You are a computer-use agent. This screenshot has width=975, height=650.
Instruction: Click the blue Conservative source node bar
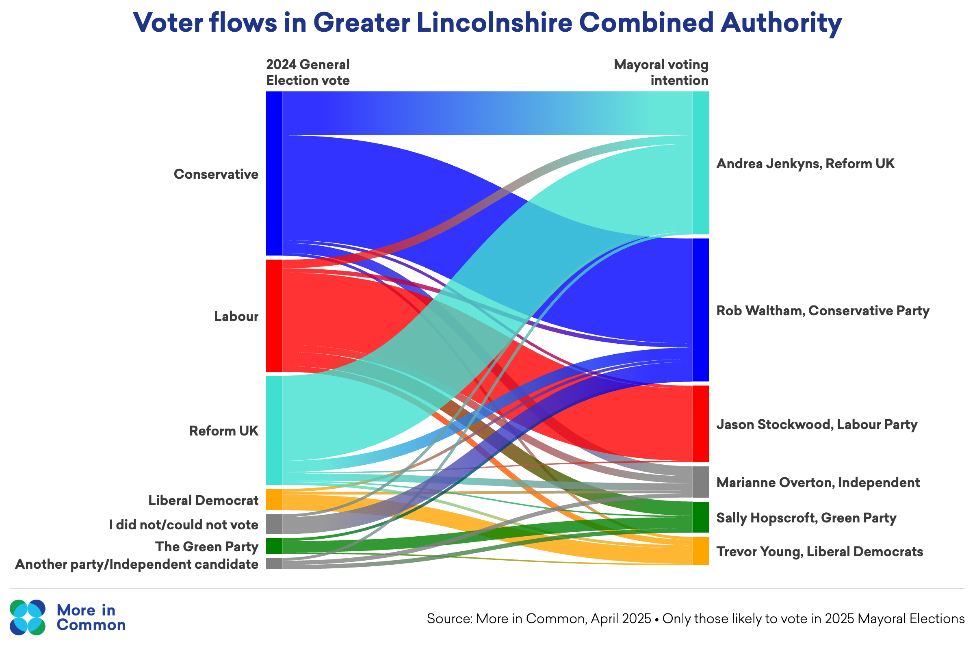point(274,173)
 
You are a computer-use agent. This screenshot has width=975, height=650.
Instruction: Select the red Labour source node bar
point(274,316)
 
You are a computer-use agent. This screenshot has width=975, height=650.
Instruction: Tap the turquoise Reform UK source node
point(274,430)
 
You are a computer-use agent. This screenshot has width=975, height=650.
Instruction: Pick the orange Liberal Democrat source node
point(274,500)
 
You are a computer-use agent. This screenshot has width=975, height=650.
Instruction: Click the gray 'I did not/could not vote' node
point(274,524)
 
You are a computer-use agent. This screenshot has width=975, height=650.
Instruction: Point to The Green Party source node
point(274,546)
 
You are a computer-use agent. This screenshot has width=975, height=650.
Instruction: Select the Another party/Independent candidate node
point(274,564)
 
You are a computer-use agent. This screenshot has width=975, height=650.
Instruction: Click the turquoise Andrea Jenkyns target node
point(700,163)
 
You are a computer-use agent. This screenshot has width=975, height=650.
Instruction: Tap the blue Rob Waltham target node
point(700,310)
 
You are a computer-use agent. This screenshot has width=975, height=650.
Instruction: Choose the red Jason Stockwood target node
point(700,424)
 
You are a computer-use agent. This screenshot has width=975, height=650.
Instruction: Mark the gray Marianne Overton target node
point(700,482)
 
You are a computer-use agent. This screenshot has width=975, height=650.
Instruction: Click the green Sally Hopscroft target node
point(700,517)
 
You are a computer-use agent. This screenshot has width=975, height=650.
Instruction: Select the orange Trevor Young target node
point(700,551)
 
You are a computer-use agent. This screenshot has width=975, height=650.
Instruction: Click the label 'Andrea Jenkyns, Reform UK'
point(806,164)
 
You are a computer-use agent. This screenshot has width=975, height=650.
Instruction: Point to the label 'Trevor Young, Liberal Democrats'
point(819,552)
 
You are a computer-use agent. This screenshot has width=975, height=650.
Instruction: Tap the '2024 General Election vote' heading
point(308,73)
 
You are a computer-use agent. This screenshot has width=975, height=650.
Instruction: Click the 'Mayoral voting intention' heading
point(661,73)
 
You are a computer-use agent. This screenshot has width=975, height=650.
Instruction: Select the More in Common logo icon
point(28,617)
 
